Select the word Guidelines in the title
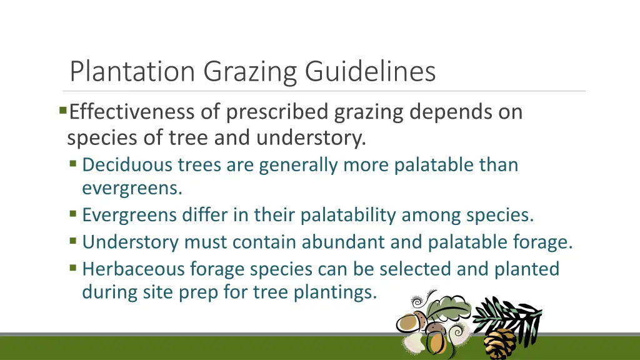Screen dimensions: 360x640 (x=370, y=72)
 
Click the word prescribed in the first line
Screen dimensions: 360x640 (x=277, y=112)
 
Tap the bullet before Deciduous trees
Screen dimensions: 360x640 (x=74, y=164)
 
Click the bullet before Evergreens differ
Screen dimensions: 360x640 (x=74, y=214)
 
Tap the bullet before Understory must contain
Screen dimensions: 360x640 (x=74, y=241)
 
